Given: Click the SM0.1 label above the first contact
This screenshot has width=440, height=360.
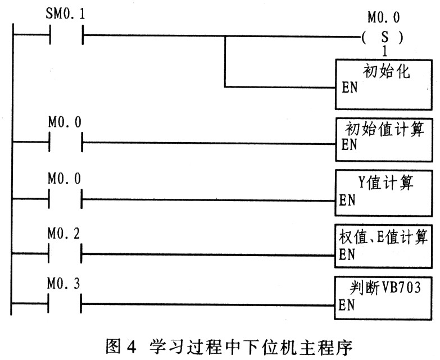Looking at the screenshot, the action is click(65, 14).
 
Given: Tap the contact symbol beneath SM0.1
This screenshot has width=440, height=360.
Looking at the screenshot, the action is click(66, 35).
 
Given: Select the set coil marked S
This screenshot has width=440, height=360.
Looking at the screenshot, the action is click(383, 37).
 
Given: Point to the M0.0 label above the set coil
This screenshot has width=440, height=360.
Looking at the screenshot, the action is click(384, 17).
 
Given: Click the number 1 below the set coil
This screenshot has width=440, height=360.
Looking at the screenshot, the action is click(385, 51).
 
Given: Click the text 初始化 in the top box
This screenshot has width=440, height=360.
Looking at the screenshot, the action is click(387, 71).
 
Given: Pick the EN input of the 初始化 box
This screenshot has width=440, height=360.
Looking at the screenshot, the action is click(350, 87).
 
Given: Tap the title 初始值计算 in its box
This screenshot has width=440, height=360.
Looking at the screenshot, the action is click(384, 129).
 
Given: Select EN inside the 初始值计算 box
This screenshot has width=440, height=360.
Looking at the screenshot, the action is click(349, 145).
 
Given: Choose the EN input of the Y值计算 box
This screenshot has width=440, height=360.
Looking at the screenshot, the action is click(347, 200).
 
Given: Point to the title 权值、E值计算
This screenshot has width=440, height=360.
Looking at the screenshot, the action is click(383, 237).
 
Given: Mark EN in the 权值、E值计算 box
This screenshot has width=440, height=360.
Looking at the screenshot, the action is click(347, 254).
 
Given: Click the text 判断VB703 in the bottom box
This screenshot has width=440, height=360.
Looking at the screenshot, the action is click(385, 288).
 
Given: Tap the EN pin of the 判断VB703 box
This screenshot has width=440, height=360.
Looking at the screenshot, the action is click(347, 305).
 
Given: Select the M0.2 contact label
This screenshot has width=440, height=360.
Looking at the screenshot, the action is click(63, 234).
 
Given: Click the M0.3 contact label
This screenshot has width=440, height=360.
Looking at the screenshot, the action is click(63, 284).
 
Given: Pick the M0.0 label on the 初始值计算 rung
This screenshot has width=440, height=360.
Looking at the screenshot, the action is click(65, 122).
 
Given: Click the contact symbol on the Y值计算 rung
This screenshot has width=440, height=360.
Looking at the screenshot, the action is click(65, 199).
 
